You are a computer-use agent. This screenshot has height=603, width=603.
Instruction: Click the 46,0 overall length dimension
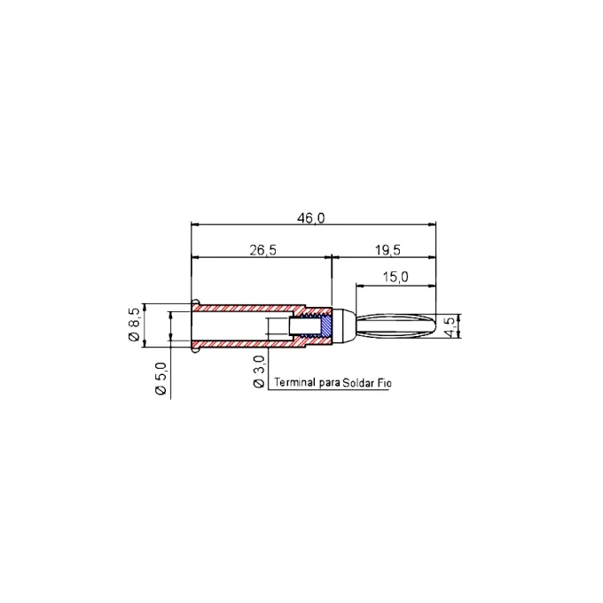pos(310,218)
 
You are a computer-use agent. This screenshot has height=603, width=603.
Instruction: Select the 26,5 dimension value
pos(263,250)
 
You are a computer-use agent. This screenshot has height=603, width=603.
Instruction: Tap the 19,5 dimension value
pos(388,250)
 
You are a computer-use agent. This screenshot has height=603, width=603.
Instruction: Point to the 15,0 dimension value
pos(395,277)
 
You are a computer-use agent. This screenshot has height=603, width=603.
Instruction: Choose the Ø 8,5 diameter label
pos(134,325)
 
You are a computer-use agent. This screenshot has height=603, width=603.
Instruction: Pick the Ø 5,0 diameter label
pos(161,379)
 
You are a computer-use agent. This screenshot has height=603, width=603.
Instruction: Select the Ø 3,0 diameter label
pos(259,371)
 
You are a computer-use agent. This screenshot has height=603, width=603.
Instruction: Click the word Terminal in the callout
pos(294,382)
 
